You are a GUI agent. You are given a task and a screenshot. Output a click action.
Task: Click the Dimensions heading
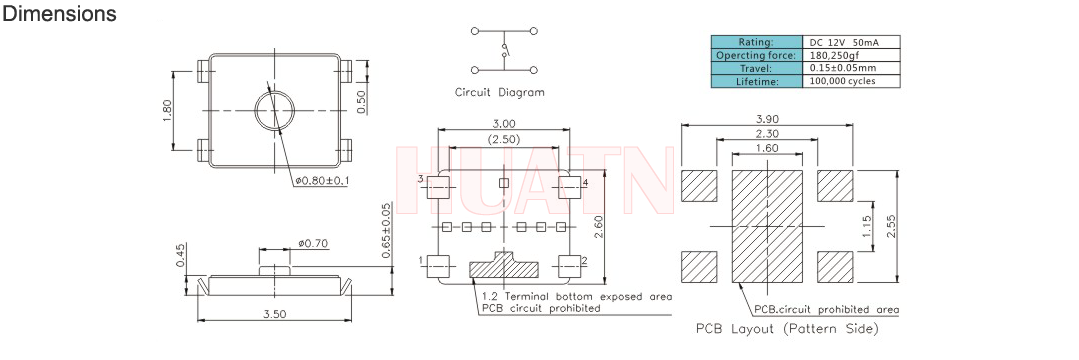59,13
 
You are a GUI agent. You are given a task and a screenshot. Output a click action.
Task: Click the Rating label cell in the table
756,42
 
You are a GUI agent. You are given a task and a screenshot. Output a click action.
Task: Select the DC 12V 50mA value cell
851,42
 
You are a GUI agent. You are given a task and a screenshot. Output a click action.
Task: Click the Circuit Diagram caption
500,92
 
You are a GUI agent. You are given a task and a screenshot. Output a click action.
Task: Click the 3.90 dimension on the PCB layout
767,118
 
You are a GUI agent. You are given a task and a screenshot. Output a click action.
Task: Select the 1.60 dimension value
767,147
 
